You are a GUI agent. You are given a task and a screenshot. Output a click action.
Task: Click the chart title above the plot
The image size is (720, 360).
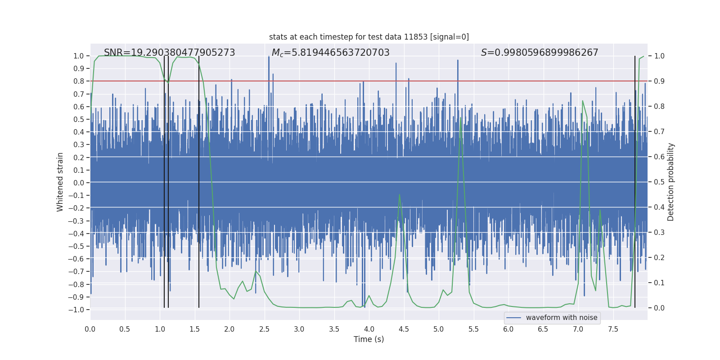point(369,37)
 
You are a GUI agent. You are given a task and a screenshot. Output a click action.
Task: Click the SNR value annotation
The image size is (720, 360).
point(169,53)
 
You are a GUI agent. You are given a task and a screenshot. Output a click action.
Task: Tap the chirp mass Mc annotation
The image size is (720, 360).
point(330,53)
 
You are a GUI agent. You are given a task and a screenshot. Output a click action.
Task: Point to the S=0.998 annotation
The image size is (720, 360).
point(540,53)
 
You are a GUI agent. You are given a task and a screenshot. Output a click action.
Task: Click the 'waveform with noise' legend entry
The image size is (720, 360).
point(561,318)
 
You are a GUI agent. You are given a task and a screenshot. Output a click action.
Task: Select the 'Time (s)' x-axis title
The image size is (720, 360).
point(369,339)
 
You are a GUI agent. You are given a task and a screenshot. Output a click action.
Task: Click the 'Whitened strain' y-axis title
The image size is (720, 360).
point(60,182)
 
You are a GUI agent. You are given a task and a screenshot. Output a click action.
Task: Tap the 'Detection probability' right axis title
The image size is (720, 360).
point(671,182)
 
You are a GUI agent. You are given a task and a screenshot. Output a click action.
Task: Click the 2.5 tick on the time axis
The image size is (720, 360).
point(264,329)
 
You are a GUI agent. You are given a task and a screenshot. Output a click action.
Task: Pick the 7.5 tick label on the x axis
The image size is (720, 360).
point(613,329)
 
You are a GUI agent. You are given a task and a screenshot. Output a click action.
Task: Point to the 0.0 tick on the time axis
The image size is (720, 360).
point(90,329)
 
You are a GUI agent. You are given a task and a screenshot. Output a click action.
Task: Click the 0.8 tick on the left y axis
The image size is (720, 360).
point(79,81)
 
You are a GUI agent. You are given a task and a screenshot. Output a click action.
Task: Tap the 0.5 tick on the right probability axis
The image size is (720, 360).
point(659,182)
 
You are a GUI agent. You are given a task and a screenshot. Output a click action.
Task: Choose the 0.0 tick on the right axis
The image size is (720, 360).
point(659,308)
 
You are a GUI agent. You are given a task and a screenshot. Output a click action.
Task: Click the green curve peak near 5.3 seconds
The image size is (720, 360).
point(461,117)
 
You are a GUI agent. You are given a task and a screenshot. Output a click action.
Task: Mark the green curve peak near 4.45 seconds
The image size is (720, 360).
point(400,194)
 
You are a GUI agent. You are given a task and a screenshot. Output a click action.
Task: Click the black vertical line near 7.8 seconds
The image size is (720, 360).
point(635,180)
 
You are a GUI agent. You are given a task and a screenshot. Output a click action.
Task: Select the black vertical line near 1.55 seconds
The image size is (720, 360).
point(199,180)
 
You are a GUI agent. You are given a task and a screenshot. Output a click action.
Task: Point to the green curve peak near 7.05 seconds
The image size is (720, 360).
point(583,101)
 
